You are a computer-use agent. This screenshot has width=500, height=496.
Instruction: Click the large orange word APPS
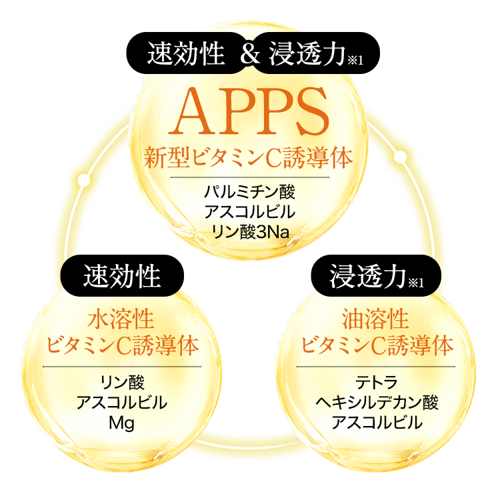pos(249,109)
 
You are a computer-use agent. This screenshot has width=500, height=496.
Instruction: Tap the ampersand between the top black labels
pos(249,53)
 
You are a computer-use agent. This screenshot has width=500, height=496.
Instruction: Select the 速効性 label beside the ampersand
pos(185,53)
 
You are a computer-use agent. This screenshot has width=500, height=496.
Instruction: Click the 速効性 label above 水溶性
pos(121,276)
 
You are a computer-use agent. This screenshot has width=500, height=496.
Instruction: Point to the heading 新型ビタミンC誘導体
pos(249,159)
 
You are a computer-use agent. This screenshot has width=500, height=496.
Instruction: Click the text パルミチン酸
pos(249,193)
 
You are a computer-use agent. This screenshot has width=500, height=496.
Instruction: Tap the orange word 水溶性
pos(121,319)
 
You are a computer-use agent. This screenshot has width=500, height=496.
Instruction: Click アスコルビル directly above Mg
pos(121,402)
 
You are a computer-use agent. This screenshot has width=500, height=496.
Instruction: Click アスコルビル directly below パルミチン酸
pos(249,213)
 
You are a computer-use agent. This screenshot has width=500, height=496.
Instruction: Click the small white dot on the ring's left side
pos(84,180)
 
